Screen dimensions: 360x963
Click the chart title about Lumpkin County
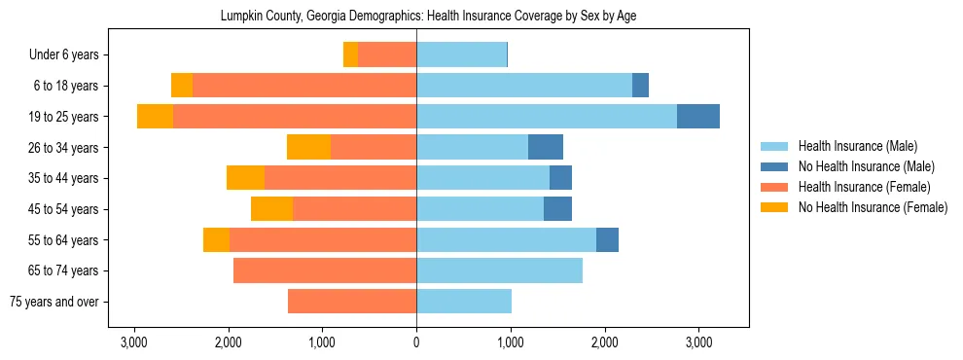tap(428, 17)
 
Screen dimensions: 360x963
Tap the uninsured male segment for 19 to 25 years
tap(698, 116)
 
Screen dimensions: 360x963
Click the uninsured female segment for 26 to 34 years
tap(308, 147)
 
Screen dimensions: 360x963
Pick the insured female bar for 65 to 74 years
tap(325, 270)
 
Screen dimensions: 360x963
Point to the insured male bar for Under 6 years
tap(461, 54)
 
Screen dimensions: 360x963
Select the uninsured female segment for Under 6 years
tap(350, 54)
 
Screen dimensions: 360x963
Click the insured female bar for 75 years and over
tap(352, 302)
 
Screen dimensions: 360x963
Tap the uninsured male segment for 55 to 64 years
tap(607, 239)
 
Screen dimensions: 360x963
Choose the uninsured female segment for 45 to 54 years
tap(271, 208)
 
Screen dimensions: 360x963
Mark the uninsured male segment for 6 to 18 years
tap(640, 86)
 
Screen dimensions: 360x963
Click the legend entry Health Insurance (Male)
tap(857, 146)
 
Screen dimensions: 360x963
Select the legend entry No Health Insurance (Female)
tap(872, 207)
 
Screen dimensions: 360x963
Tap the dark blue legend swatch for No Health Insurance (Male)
tap(774, 166)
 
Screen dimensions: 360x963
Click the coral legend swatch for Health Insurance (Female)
tap(774, 187)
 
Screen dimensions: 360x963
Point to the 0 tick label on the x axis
tap(416, 342)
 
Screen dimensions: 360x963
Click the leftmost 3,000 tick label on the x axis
tap(133, 342)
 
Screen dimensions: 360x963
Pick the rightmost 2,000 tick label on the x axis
tap(604, 342)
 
